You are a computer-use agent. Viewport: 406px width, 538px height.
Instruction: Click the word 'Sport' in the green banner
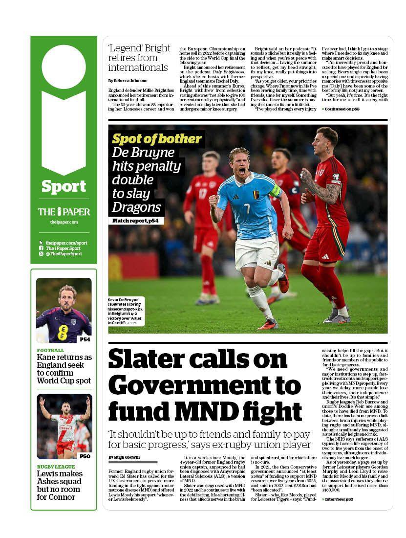point(64,186)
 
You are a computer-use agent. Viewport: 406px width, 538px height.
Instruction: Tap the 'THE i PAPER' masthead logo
point(64,212)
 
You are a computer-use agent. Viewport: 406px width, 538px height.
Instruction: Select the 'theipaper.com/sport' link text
point(66,243)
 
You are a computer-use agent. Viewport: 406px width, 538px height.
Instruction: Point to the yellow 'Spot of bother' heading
point(156,139)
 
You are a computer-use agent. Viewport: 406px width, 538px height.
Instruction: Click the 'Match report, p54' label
point(136,221)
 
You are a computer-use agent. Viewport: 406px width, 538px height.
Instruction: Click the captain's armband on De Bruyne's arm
point(276,191)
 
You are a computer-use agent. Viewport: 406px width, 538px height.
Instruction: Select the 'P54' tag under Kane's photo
point(85,339)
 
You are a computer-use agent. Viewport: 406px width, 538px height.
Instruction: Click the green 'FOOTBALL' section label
point(50,350)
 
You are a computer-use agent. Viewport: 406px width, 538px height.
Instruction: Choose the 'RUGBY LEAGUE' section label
point(56,467)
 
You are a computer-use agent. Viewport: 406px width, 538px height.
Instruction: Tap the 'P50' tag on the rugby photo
point(85,456)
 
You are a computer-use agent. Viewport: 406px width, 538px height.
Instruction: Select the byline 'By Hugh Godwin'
point(125,457)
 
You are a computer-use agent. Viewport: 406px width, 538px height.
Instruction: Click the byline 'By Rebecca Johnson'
point(128,80)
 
